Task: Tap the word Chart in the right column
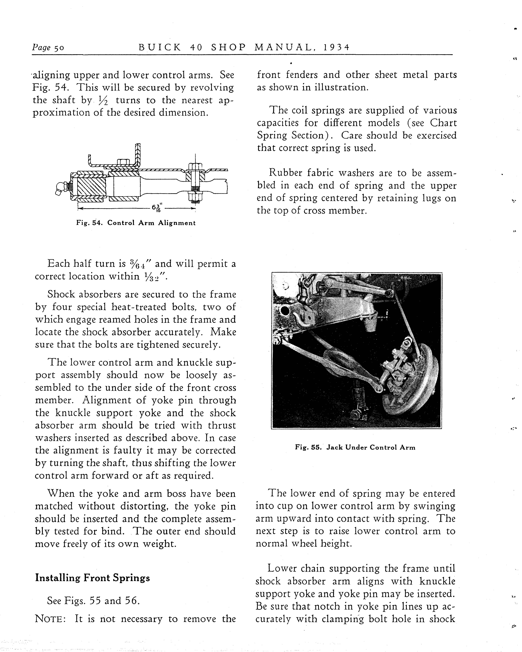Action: point(443,123)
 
